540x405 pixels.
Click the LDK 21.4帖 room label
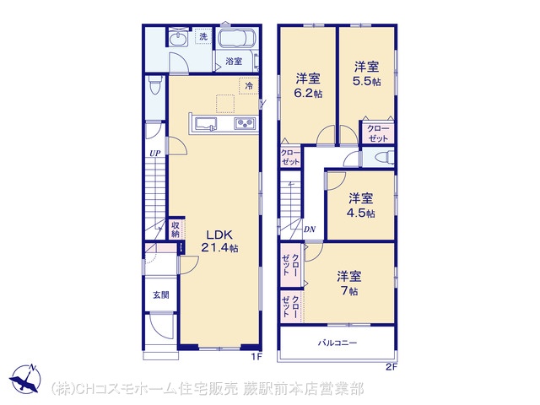click(219, 241)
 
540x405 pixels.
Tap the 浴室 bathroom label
click(234, 62)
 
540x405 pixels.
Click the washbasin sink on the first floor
click(178, 38)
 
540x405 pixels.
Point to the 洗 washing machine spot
click(203, 36)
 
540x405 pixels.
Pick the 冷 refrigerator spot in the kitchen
click(249, 86)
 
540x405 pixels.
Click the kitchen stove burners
click(245, 123)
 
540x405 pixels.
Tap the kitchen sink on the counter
click(206, 124)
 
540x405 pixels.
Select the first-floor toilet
click(154, 84)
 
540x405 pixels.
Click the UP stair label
click(155, 154)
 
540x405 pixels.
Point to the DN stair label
click(310, 229)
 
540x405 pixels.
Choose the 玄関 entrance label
click(161, 295)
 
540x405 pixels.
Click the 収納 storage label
click(175, 229)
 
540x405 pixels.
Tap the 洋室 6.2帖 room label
click(309, 85)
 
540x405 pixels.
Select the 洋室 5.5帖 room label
click(367, 73)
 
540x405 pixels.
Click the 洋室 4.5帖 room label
click(360, 205)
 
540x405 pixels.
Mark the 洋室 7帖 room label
click(348, 283)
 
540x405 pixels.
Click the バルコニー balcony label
click(337, 343)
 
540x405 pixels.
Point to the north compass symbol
click(25, 379)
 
